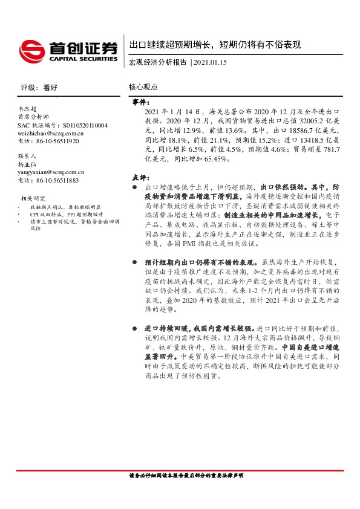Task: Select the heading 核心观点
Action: point(143,87)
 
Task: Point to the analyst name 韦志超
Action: point(28,108)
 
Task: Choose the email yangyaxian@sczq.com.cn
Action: point(51,172)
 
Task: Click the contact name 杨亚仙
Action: point(28,164)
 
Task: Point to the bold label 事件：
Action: point(140,103)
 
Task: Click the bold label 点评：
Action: point(140,178)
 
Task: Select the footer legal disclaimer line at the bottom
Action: point(186,475)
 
